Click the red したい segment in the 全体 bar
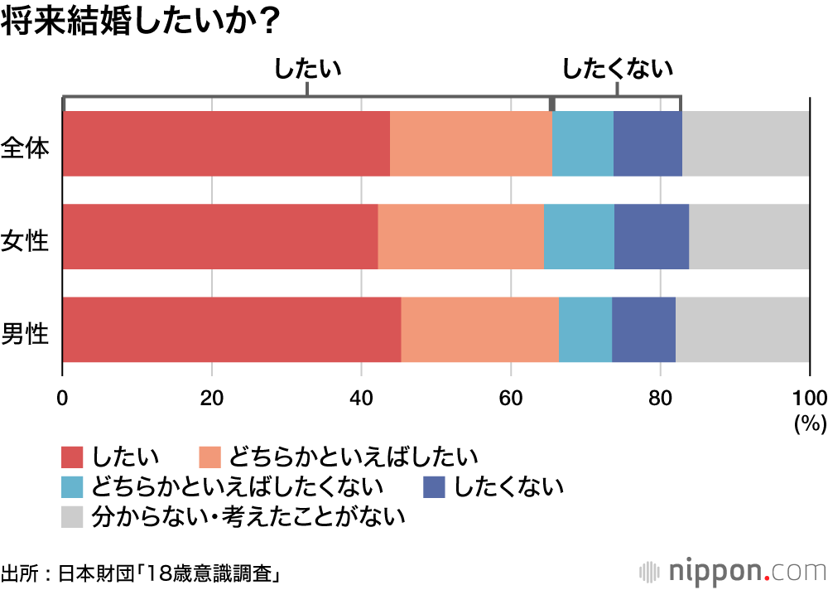226,143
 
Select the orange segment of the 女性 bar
460,236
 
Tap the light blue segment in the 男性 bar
585,329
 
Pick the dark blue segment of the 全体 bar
647,143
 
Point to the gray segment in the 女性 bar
749,236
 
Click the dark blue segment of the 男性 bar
643,329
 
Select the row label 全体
26,148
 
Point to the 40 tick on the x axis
361,395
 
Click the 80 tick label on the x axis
660,395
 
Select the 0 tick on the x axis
63,395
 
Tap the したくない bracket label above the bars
617,69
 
